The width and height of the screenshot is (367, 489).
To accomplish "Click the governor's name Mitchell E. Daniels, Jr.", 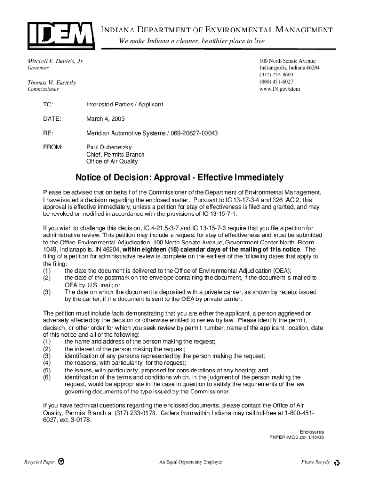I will (x=55, y=61).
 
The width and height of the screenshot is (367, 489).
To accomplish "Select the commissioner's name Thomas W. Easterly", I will (x=51, y=83).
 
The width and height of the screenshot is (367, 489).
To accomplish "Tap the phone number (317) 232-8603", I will (x=276, y=75).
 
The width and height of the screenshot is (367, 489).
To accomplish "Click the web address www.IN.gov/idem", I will (x=280, y=89).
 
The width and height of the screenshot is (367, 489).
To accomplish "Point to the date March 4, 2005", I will (x=106, y=119).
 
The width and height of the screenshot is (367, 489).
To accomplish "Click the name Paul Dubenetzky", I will (x=109, y=147).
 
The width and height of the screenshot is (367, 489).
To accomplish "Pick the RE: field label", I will (x=48, y=133).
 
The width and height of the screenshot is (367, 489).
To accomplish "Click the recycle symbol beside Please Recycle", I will (x=337, y=462).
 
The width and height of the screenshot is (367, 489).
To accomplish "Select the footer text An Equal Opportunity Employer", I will (x=191, y=462).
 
